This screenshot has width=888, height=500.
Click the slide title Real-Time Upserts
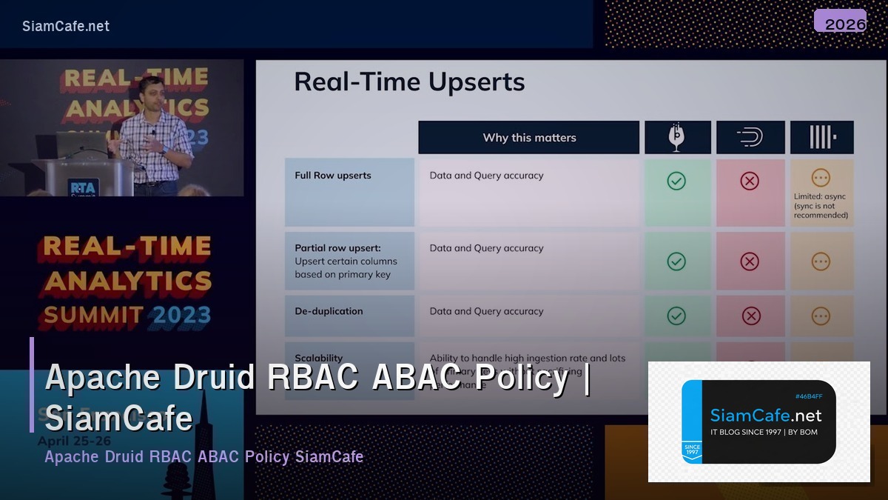pos(409,81)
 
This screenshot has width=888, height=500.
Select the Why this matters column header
pos(528,138)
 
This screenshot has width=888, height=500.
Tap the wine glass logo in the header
pos(677,138)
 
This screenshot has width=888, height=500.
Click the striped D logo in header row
pos(750,138)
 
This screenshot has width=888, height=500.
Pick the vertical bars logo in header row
pos(821,138)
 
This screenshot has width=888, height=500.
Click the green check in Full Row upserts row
pos(676,181)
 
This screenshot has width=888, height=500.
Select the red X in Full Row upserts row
pos(750,181)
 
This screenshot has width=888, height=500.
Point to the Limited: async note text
pos(821,206)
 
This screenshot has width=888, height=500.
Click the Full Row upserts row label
pos(333,176)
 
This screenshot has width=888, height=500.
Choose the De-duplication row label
pos(329,311)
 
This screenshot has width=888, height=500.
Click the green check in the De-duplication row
pos(676,316)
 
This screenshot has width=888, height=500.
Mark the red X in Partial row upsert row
pos(750,261)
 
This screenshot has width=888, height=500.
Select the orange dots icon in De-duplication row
pos(821,316)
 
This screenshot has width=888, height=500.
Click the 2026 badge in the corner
pos(839,22)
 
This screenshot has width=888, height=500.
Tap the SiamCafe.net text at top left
pos(66,26)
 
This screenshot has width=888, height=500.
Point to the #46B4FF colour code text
pos(809,396)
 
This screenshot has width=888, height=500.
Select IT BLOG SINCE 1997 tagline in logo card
pos(764,432)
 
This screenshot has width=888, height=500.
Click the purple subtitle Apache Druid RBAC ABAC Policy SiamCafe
pos(204,456)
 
